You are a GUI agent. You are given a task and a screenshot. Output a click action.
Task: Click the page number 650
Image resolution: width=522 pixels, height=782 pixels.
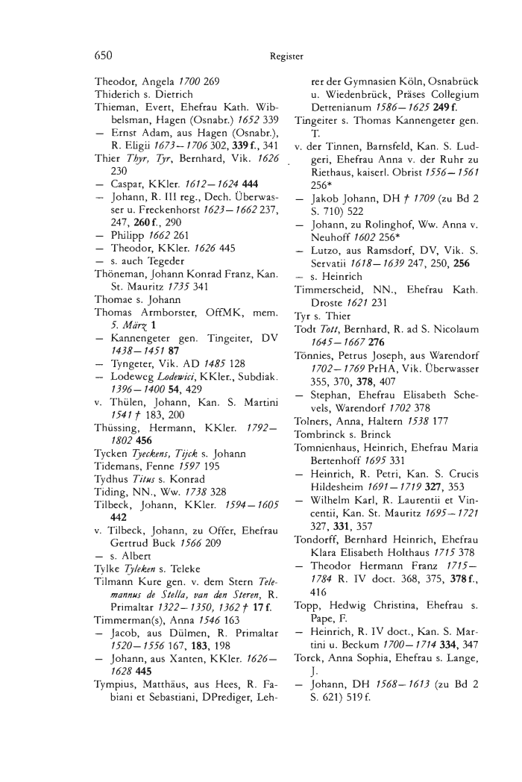tap(104, 54)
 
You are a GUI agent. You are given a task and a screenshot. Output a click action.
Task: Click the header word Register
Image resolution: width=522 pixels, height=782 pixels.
tap(286, 55)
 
